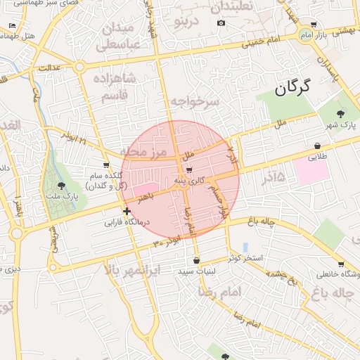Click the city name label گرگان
(x=292, y=87)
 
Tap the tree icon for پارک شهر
(x=341, y=112)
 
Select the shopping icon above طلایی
(x=319, y=146)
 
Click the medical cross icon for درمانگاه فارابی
(x=126, y=211)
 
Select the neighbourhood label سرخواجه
(x=195, y=103)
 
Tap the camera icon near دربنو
(x=221, y=23)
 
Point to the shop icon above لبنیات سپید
(x=196, y=260)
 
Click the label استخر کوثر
(x=245, y=258)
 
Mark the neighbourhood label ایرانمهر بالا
(x=133, y=270)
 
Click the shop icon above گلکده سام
(x=106, y=165)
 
